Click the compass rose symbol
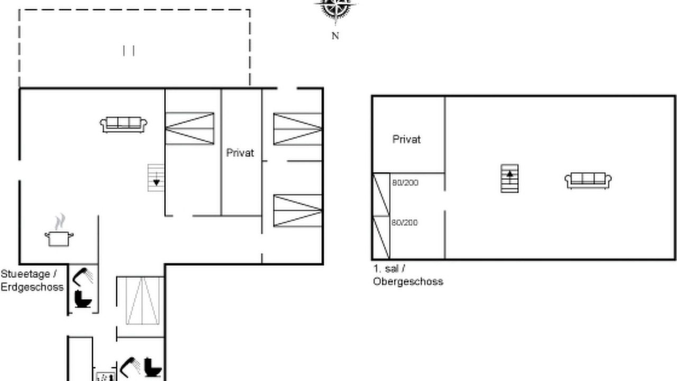point(335,10)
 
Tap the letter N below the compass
point(335,36)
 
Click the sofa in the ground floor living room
point(124,125)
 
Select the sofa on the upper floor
point(588,180)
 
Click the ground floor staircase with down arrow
point(156,178)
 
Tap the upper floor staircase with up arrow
point(509,178)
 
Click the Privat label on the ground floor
point(240,153)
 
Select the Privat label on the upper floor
point(406,139)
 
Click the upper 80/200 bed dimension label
point(405,183)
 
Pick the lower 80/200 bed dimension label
point(405,223)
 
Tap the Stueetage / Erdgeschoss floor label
point(32,280)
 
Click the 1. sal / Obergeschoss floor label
point(408,275)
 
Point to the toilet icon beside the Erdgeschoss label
point(83,299)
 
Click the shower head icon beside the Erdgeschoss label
point(83,277)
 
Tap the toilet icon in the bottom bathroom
point(153,367)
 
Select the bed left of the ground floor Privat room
point(190,129)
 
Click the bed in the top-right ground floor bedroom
point(298,129)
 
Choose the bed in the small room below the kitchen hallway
point(142,301)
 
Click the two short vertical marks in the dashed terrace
point(129,51)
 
